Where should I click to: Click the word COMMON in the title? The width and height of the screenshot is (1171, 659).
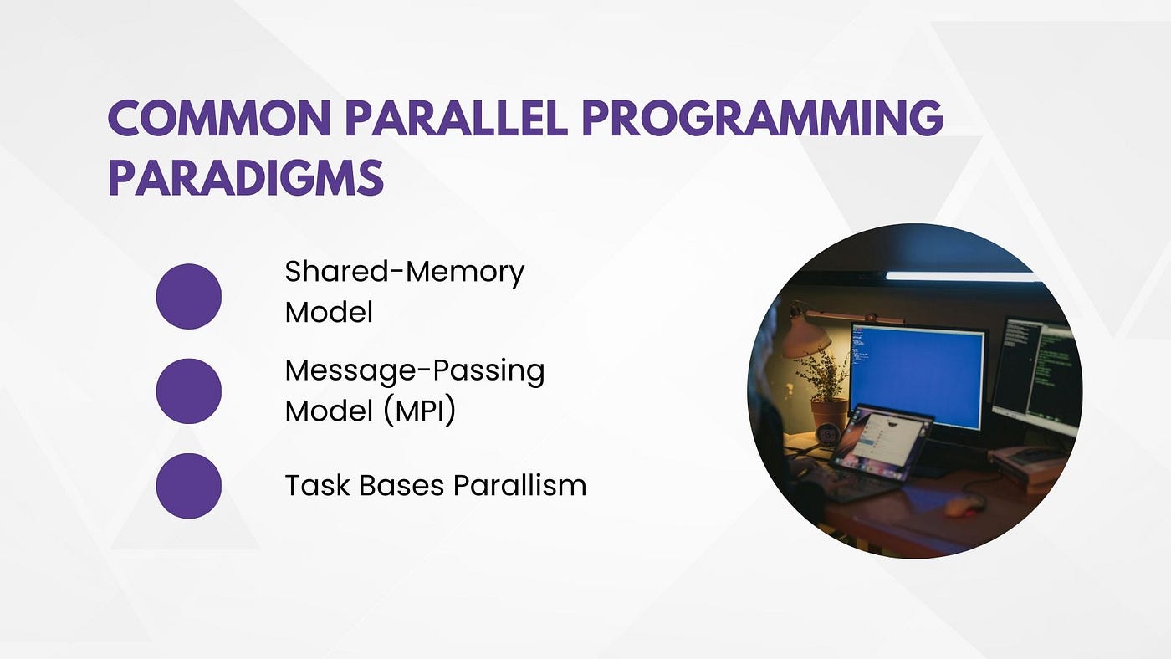pyautogui.click(x=219, y=117)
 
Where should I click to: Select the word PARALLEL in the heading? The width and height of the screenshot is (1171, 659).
pyautogui.click(x=457, y=117)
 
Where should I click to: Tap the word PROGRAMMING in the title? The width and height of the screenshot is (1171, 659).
pyautogui.click(x=763, y=117)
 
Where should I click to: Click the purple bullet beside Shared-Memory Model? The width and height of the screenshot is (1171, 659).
pyautogui.click(x=189, y=296)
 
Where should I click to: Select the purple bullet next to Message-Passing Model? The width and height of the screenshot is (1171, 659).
pyautogui.click(x=189, y=391)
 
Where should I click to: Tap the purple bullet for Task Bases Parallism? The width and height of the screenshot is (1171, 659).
pyautogui.click(x=189, y=486)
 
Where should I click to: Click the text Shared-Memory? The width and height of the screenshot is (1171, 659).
pyautogui.click(x=405, y=273)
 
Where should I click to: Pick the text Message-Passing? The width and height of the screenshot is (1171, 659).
pyautogui.click(x=415, y=371)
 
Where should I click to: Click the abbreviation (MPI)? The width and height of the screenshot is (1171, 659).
pyautogui.click(x=420, y=411)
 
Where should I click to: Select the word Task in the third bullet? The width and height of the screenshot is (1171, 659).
pyautogui.click(x=317, y=486)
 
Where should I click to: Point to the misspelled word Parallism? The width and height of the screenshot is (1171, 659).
pyautogui.click(x=519, y=486)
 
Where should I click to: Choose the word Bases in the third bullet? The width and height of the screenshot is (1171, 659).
pyautogui.click(x=401, y=486)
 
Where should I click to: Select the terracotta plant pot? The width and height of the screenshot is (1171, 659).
pyautogui.click(x=829, y=415)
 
